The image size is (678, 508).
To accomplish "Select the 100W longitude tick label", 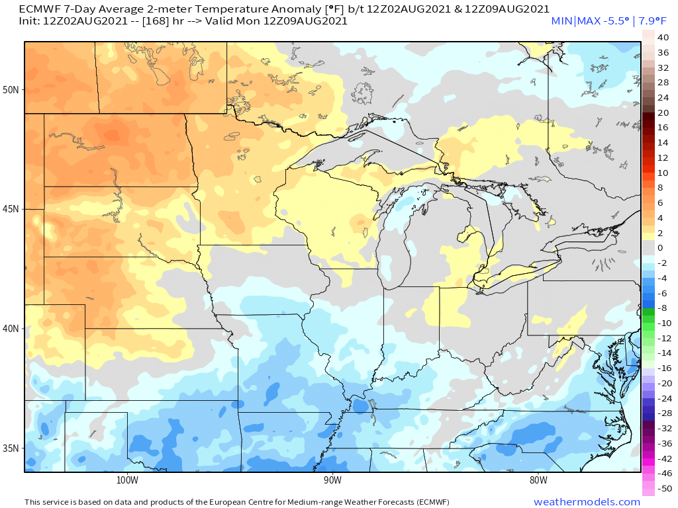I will (x=126, y=480).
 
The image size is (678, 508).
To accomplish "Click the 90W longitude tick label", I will (x=332, y=480).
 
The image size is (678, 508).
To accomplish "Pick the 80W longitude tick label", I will (x=538, y=480).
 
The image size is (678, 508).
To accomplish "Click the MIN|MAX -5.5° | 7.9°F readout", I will (x=609, y=21).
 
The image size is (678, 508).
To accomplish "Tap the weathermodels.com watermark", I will (x=587, y=502).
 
